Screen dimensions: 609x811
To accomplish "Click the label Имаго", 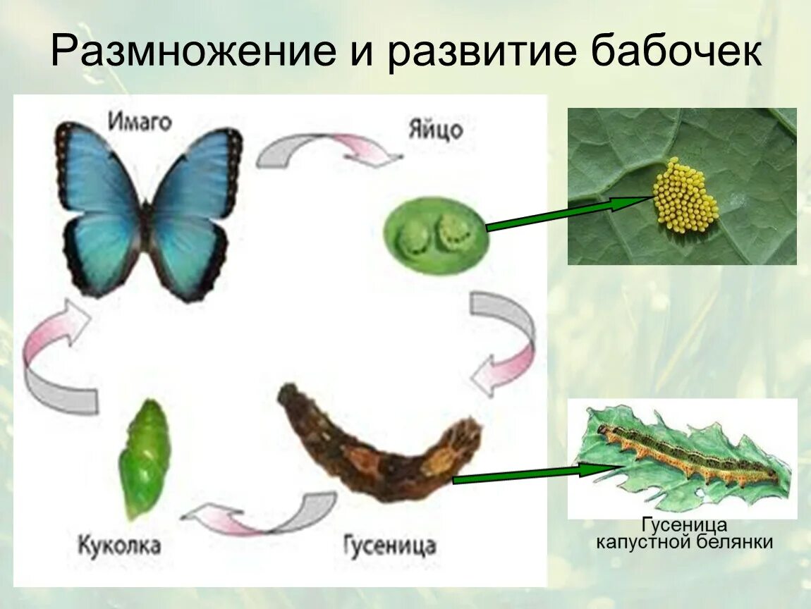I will tap(140, 121).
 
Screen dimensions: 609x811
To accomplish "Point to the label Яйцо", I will tap(435, 130).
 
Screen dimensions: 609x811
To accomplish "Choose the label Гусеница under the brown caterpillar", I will tap(389, 545).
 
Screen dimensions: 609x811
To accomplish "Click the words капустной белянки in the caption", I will tap(685, 542).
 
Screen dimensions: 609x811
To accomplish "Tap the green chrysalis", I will tap(145, 458).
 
